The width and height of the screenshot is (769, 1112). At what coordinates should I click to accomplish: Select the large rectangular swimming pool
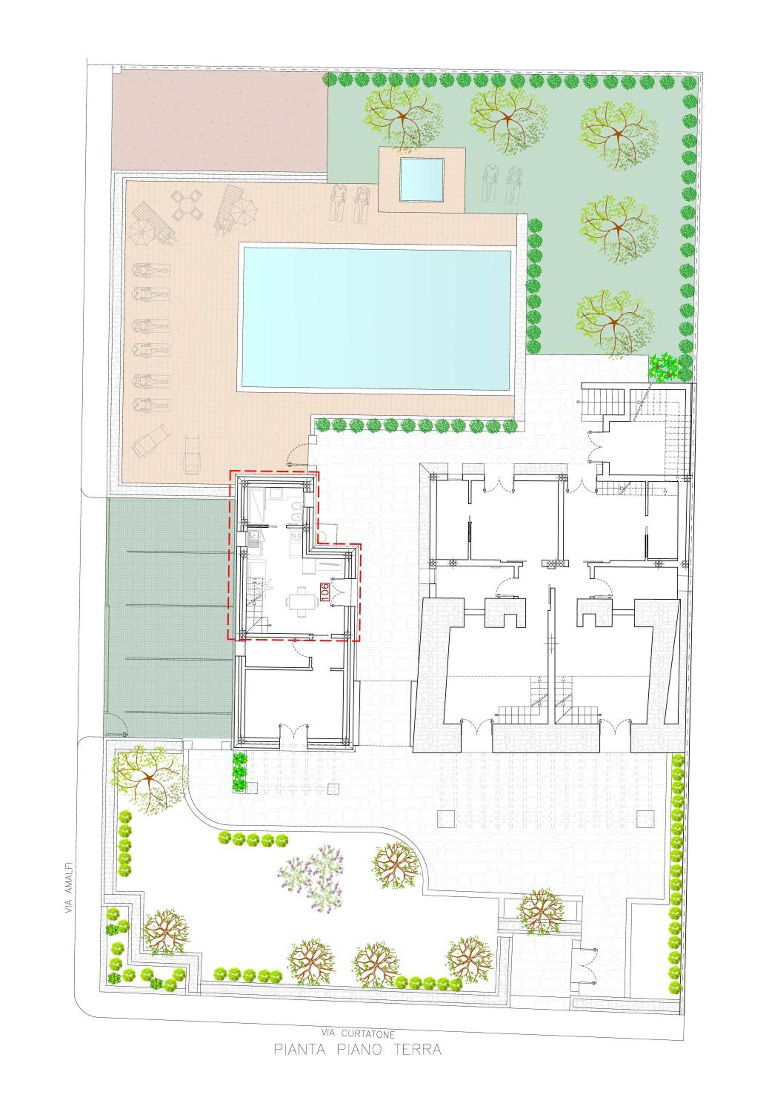pos(377,319)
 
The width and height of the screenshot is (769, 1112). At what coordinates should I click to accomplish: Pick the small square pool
pos(421,179)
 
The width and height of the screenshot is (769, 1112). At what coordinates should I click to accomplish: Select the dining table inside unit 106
pos(298,602)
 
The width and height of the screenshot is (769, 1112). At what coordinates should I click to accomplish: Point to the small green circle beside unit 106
pos(321,536)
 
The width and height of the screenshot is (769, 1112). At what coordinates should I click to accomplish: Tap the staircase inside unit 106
pos(255,605)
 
